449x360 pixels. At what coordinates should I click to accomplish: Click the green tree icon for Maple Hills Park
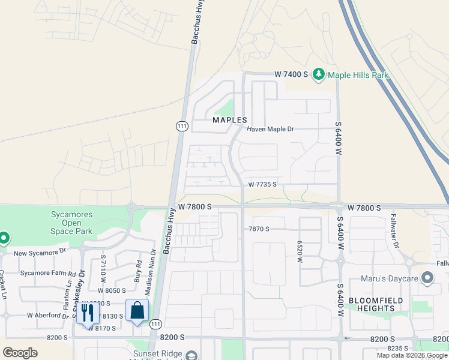pyautogui.click(x=318, y=74)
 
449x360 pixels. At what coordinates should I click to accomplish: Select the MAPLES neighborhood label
pyautogui.click(x=230, y=120)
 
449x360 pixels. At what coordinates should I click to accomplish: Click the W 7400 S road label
pyautogui.click(x=291, y=74)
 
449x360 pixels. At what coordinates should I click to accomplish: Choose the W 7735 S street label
pyautogui.click(x=262, y=185)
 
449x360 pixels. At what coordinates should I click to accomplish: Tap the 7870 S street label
pyautogui.click(x=259, y=229)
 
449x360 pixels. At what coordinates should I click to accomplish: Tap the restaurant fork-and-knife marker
pyautogui.click(x=88, y=312)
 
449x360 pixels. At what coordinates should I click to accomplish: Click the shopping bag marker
pyautogui.click(x=137, y=311)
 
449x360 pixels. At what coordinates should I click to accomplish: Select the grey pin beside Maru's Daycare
pyautogui.click(x=427, y=278)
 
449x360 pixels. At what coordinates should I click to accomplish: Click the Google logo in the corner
pyautogui.click(x=20, y=352)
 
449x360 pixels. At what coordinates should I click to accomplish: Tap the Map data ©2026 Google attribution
pyautogui.click(x=412, y=355)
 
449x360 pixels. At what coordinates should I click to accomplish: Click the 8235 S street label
pyautogui.click(x=400, y=348)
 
